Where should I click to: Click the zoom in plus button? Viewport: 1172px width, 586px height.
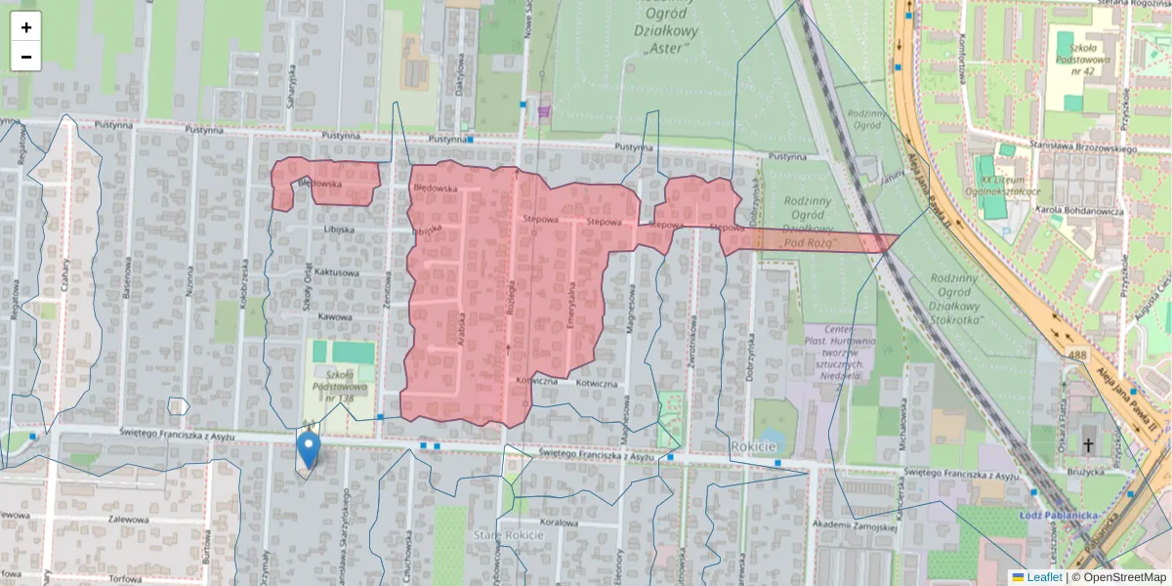(x=26, y=27)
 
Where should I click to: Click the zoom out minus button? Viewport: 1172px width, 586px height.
(x=26, y=57)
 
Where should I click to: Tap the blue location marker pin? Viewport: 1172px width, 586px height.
(x=308, y=450)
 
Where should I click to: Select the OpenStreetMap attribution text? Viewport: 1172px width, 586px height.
(x=1123, y=577)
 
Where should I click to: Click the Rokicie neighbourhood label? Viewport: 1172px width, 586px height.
(x=753, y=446)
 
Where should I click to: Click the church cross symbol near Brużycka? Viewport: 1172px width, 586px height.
(x=1087, y=445)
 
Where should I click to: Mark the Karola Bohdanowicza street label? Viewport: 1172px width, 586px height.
(x=1085, y=210)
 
